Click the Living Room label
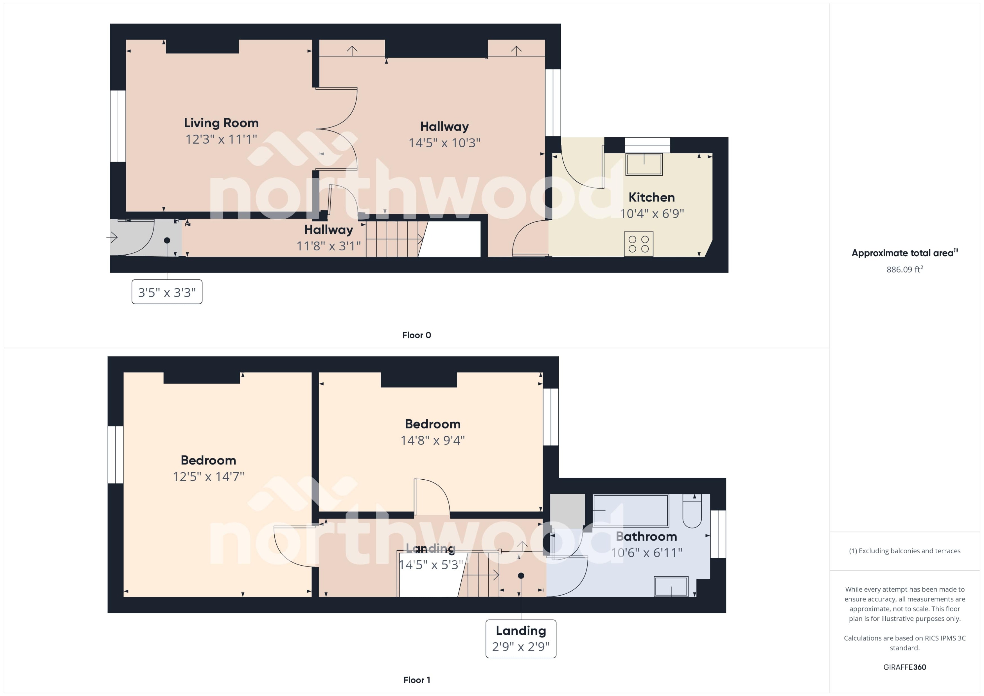click(221, 123)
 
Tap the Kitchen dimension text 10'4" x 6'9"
click(651, 214)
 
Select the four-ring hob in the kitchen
click(638, 244)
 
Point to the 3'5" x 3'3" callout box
click(167, 292)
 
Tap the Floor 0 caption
click(416, 335)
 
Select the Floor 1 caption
click(416, 680)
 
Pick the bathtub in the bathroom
click(630, 511)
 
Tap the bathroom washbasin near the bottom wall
click(671, 586)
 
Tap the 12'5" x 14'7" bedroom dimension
click(208, 477)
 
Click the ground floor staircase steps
click(392, 239)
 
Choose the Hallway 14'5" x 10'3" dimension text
click(444, 143)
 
